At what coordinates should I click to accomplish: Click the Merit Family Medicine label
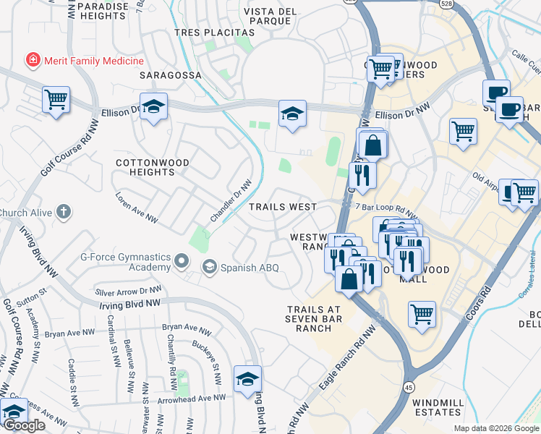pos(93,61)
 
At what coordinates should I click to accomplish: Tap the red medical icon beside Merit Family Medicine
pos(32,61)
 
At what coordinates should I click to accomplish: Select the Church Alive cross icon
pos(64,213)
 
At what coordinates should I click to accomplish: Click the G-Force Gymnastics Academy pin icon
pos(182,260)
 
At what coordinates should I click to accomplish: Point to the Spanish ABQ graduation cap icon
pos(210,267)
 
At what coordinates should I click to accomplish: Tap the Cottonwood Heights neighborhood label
pos(153,168)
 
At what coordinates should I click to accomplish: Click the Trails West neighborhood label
pos(283,207)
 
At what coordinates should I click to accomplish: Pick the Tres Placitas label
pos(215,33)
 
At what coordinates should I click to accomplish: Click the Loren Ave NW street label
pos(137,206)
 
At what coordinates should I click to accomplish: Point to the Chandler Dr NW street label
pos(231,202)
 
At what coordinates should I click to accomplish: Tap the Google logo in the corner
pos(24,425)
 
